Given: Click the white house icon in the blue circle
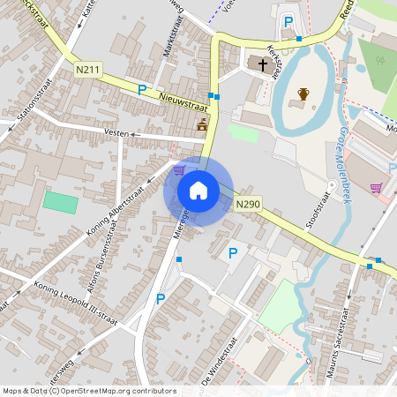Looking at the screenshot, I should point(198,191).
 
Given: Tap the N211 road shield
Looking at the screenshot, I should point(86,69).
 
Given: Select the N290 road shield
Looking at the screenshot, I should point(248,205).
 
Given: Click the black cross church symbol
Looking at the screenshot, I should point(262,64).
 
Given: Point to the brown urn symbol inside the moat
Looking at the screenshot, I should point(303,94).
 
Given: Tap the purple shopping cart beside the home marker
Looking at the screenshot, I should point(180,170).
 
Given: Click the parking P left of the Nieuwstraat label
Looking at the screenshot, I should point(141,89).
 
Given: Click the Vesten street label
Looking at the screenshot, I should point(116,133).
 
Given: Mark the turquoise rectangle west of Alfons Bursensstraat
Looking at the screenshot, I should point(60,201).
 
